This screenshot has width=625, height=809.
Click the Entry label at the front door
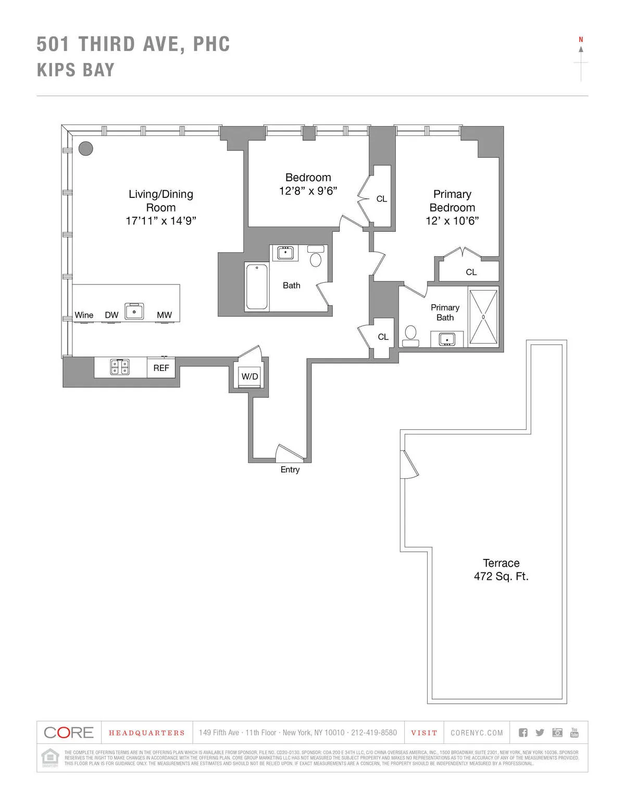click(x=290, y=469)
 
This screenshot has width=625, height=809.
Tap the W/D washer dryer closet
click(x=249, y=377)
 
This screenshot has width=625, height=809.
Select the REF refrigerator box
click(x=161, y=368)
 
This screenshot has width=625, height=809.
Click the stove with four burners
click(x=120, y=367)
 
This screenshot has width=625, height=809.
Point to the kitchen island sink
click(x=134, y=311)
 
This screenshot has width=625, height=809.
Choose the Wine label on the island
click(x=84, y=315)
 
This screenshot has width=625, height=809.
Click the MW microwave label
click(x=164, y=315)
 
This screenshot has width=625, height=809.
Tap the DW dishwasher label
click(x=111, y=315)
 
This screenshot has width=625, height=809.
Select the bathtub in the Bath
click(x=257, y=287)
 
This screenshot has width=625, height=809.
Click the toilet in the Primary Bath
click(x=411, y=335)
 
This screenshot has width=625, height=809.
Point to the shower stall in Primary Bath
click(x=483, y=317)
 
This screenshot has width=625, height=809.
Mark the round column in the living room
click(x=86, y=148)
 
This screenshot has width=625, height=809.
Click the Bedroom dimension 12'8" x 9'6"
click(x=308, y=191)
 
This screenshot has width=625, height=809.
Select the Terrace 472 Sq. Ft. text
click(x=501, y=570)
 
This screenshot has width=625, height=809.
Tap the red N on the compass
click(x=581, y=40)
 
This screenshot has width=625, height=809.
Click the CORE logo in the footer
click(x=69, y=732)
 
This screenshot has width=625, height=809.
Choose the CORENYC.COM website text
click(x=477, y=733)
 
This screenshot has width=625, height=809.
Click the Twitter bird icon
click(x=540, y=732)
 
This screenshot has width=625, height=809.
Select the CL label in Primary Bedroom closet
click(x=471, y=272)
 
